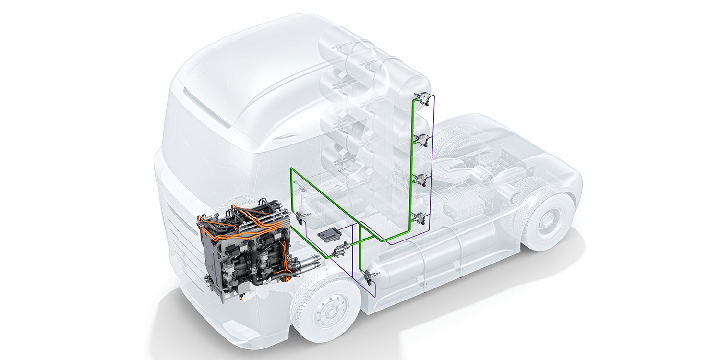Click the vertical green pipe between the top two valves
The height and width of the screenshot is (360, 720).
pyautogui.click(x=413, y=120)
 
